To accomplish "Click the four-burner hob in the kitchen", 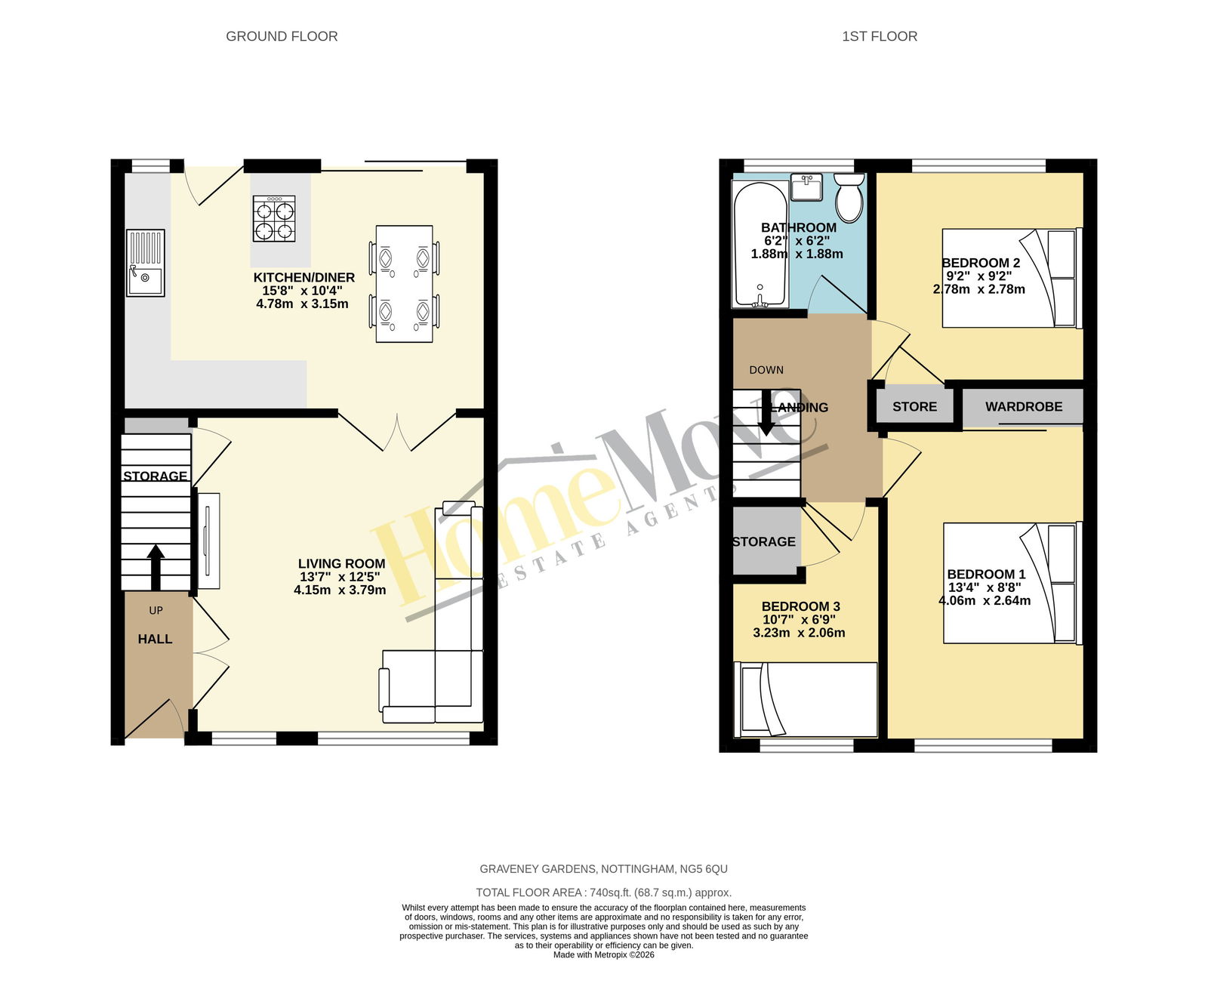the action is [273, 219].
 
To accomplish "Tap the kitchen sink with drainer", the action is [145, 263].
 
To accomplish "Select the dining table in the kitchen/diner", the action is [405, 283].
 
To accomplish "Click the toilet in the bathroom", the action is [850, 198].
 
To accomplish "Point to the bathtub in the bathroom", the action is [760, 245].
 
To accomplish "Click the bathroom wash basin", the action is [806, 186].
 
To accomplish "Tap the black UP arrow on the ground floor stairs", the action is [156, 568].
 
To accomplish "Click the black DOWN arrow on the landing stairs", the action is [766, 412].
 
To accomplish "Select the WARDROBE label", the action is [1024, 406].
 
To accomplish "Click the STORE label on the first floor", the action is [914, 406].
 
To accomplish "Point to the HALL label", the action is [155, 639].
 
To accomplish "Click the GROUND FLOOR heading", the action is [282, 36].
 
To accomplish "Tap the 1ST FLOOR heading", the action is [880, 36].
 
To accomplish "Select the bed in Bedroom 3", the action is [806, 699].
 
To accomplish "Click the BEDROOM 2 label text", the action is [981, 263].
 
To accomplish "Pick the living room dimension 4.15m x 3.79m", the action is [340, 590].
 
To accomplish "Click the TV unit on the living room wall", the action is [209, 541].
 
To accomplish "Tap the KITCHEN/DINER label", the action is [304, 277].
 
